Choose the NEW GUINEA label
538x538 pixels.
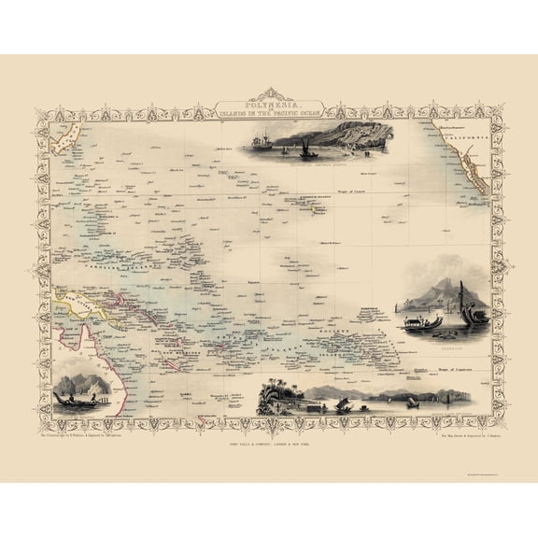79,302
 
